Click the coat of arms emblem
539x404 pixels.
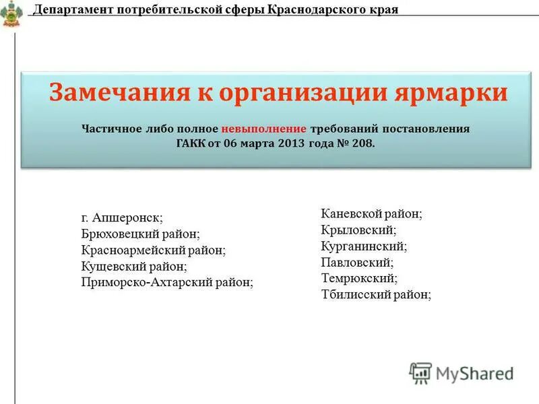pos(11,13)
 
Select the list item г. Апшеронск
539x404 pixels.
pos(122,218)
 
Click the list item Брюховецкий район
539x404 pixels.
pos(140,234)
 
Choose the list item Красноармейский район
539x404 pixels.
pos(154,250)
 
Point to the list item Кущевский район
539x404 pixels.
pos(134,267)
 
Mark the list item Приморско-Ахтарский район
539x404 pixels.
pos(167,283)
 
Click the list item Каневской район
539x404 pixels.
pos(371,214)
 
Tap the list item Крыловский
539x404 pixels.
pos(358,230)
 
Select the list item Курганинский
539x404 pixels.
pos(364,246)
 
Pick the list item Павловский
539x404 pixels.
pos(357,263)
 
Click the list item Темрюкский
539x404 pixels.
pos(359,278)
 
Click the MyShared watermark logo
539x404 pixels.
pos(462,373)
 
